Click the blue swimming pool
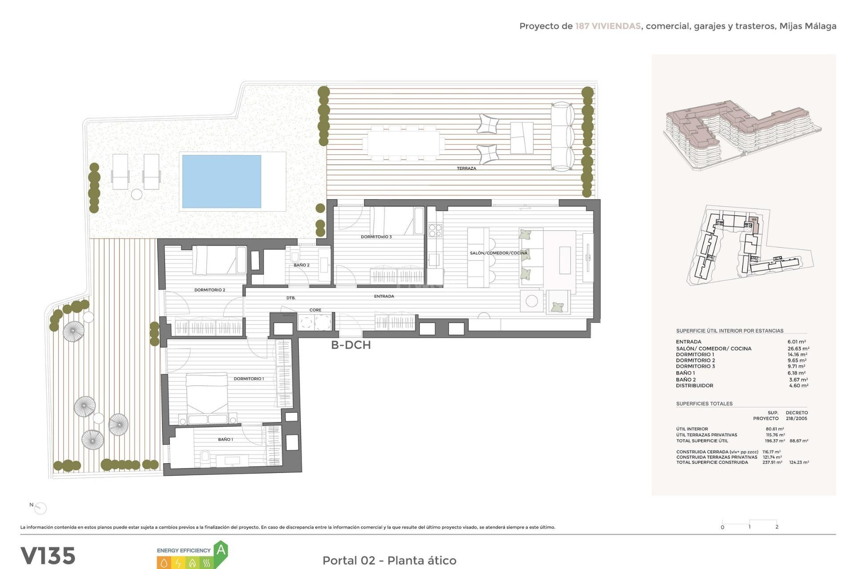click(x=222, y=181)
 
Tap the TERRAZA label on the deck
click(x=466, y=168)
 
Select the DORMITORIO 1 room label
click(x=249, y=379)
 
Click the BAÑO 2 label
click(x=301, y=265)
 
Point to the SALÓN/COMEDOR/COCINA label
click(x=498, y=253)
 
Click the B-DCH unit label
click(x=350, y=345)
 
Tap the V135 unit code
click(x=48, y=556)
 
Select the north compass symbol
click(x=40, y=508)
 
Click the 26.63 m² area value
click(x=798, y=349)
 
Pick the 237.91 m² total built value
click(x=772, y=462)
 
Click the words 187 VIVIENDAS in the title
click(x=608, y=26)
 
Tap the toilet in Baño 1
click(x=205, y=456)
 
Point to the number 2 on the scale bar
click(x=777, y=527)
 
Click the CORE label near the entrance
click(x=315, y=310)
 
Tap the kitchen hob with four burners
click(x=435, y=230)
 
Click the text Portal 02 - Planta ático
click(x=389, y=560)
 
